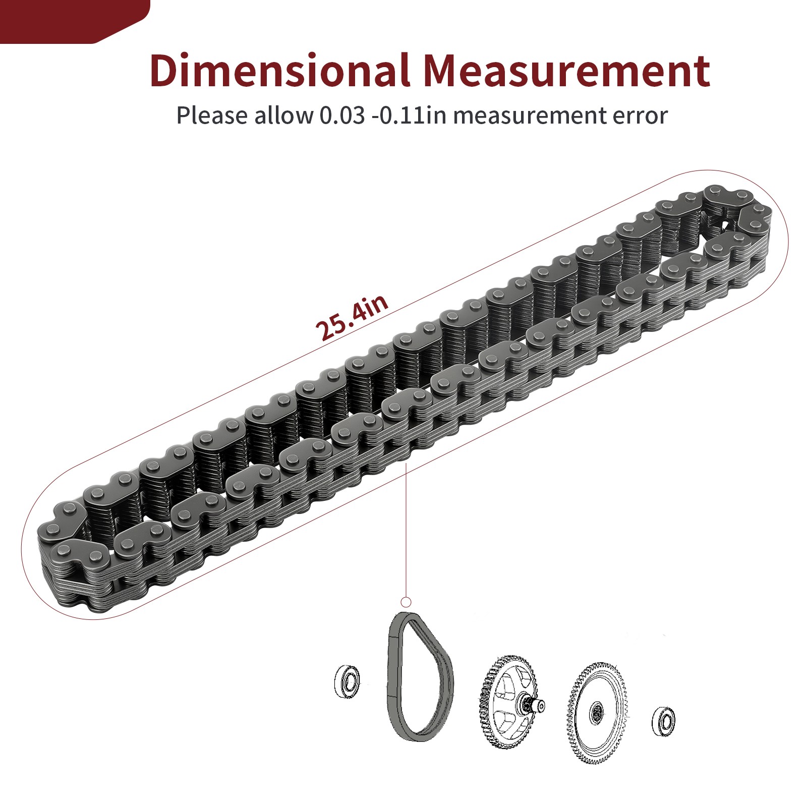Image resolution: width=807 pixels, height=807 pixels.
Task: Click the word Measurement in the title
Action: point(566,71)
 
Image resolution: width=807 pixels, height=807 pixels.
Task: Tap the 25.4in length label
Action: point(352,317)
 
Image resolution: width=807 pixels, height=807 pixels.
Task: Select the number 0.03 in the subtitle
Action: point(342,116)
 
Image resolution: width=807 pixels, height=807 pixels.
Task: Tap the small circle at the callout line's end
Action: point(406,602)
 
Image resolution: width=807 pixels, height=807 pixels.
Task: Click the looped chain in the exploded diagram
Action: point(420,676)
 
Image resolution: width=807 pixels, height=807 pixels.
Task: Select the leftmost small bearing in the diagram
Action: point(347,681)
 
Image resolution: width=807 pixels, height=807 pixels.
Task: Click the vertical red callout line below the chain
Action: point(406,530)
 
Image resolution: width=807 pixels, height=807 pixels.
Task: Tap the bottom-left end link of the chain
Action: point(66,560)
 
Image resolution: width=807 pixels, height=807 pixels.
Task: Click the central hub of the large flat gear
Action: point(597,713)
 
